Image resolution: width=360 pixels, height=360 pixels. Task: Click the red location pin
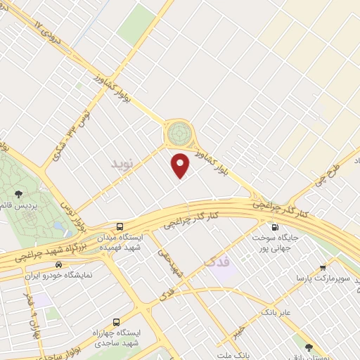181,164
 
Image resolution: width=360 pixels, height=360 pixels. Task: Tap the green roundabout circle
179,131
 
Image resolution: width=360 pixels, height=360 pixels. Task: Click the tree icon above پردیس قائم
19,193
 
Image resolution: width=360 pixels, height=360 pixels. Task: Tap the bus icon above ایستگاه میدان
120,227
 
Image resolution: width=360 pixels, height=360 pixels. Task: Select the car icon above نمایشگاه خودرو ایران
58,265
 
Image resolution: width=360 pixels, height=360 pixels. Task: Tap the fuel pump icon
274,227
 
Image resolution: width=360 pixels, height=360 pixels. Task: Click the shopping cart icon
322,267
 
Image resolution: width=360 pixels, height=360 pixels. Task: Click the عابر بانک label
276,310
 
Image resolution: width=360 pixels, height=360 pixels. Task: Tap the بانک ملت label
234,356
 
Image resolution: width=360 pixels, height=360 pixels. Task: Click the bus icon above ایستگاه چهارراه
115,321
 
